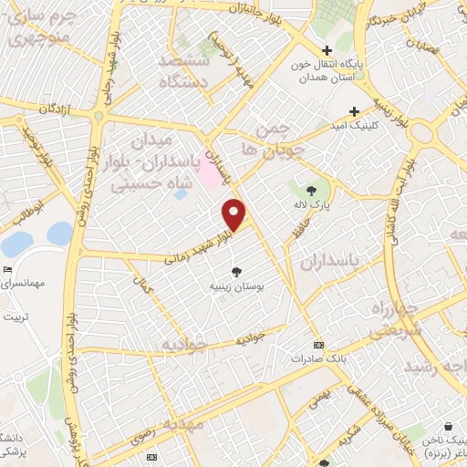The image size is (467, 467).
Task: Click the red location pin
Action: pos(234,214)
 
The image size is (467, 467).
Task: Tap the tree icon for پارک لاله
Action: pos(311,191)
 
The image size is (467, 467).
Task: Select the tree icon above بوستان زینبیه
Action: pos(237,271)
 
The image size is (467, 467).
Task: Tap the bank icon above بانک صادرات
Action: pos(317,345)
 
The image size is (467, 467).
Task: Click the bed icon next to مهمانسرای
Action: pos(8,270)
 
